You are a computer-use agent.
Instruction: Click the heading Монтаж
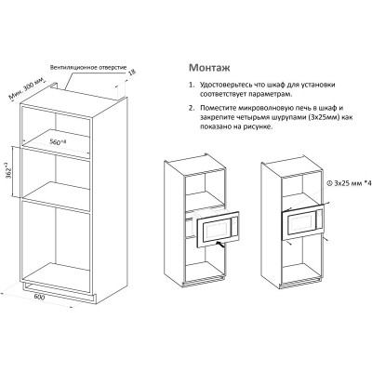209,68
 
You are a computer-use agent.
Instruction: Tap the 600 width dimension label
39,297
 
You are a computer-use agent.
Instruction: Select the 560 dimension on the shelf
58,141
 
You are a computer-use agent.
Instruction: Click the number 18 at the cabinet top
131,73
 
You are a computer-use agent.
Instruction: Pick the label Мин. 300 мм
26,88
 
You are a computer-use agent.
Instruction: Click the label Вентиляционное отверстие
88,68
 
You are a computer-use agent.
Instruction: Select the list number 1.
192,85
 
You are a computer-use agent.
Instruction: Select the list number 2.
192,108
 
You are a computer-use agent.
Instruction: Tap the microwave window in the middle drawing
216,232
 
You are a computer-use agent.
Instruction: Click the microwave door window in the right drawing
299,225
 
